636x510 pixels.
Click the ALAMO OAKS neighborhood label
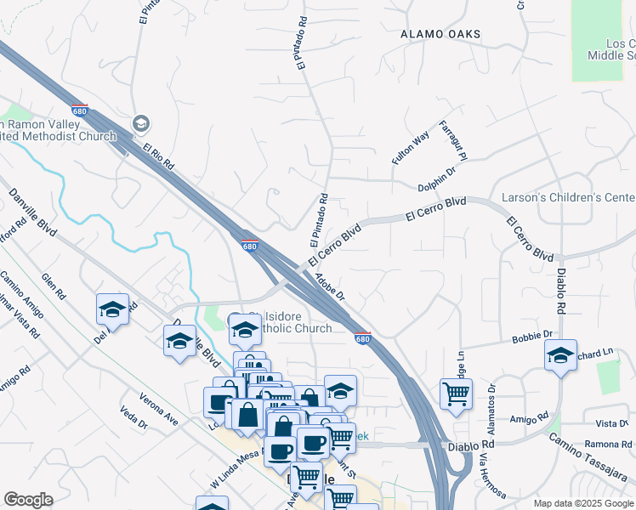coord(440,34)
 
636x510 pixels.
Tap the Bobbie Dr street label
coord(532,338)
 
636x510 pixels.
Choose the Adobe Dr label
coord(329,286)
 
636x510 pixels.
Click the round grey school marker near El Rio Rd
coord(141,124)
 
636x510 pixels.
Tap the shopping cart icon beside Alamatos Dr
coord(456,394)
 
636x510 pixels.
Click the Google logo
coord(29,499)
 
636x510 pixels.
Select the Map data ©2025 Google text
coord(584,503)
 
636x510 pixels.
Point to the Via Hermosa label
coord(491,475)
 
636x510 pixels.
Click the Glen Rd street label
coord(53,289)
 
